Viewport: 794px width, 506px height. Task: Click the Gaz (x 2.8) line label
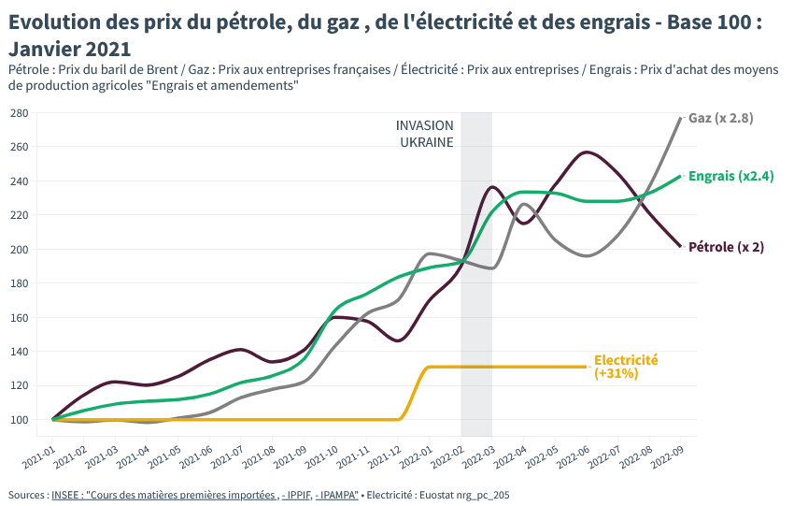[x=720, y=118]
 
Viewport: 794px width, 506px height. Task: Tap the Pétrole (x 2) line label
[x=726, y=247]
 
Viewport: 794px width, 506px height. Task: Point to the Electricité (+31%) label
[x=626, y=367]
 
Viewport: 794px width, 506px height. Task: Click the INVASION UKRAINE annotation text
[x=425, y=134]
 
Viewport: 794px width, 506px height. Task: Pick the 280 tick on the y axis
[x=19, y=113]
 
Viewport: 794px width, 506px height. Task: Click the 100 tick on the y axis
[x=19, y=419]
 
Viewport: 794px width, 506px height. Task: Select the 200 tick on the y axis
[x=19, y=250]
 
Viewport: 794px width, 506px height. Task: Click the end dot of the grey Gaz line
[x=680, y=118]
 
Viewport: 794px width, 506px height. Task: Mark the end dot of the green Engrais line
[x=680, y=176]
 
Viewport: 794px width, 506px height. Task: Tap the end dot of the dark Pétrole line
[x=680, y=246]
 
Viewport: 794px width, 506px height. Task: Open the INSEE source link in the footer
[x=205, y=494]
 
